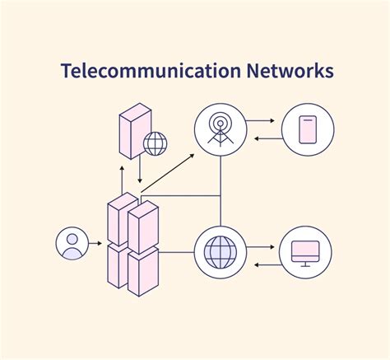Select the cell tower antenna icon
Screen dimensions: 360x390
click(x=221, y=130)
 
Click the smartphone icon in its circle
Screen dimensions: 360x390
click(x=308, y=130)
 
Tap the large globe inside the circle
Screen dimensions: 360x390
click(x=221, y=252)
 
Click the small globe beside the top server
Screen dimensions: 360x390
click(x=155, y=143)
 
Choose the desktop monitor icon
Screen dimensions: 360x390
click(x=305, y=252)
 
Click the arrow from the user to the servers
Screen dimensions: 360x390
click(x=96, y=244)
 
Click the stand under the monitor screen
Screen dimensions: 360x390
click(x=305, y=263)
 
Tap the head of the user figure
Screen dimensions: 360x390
click(x=72, y=239)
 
